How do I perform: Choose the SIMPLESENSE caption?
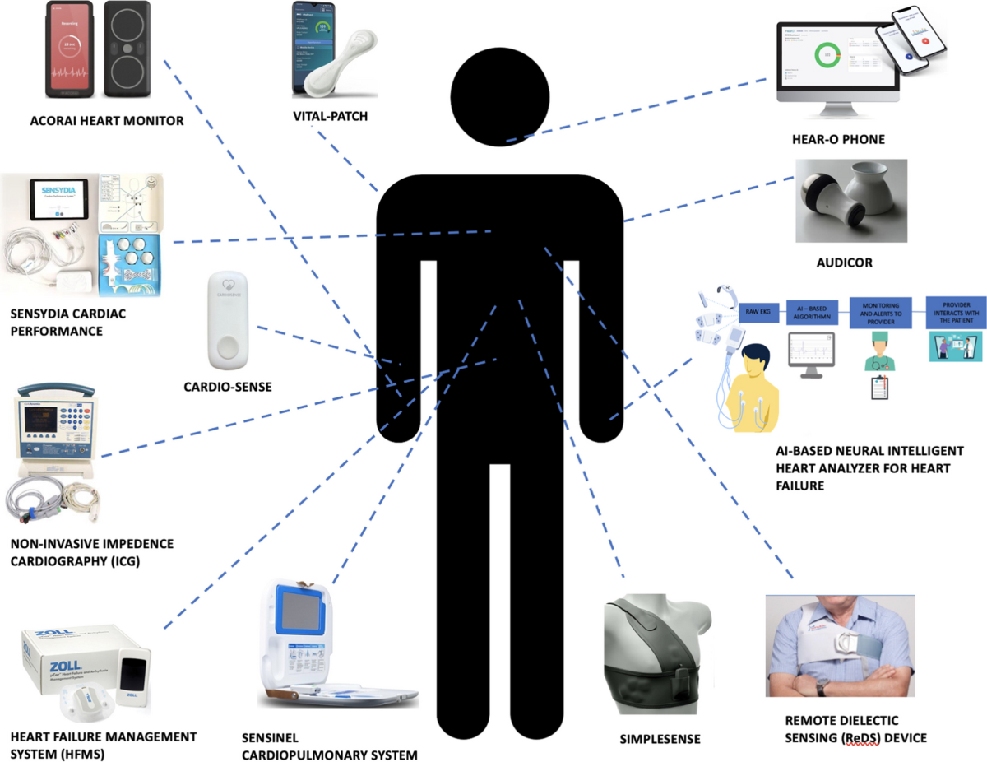pos(660,739)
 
